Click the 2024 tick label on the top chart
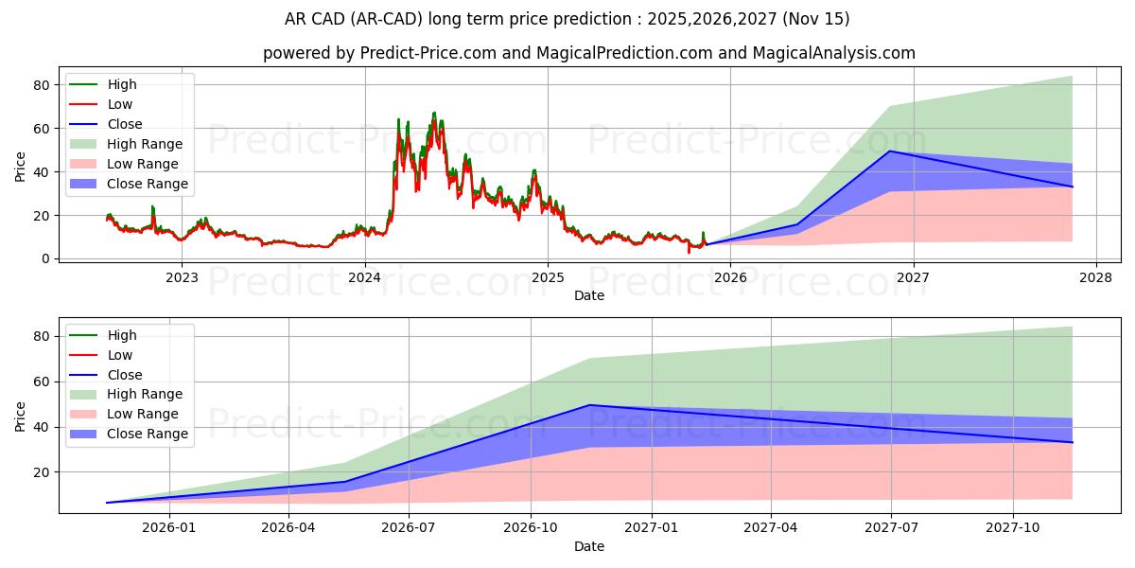tap(364, 278)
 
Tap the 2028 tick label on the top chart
tap(1096, 278)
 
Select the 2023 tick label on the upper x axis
tap(182, 278)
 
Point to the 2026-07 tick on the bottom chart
tap(409, 529)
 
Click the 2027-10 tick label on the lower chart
tap(1013, 529)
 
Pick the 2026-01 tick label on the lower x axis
tap(168, 529)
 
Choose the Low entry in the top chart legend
tap(120, 104)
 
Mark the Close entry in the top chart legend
tap(125, 124)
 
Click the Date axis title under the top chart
tap(588, 295)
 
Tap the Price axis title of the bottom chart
tap(21, 416)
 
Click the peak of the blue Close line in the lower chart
tap(590, 405)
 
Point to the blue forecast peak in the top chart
tap(889, 151)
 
